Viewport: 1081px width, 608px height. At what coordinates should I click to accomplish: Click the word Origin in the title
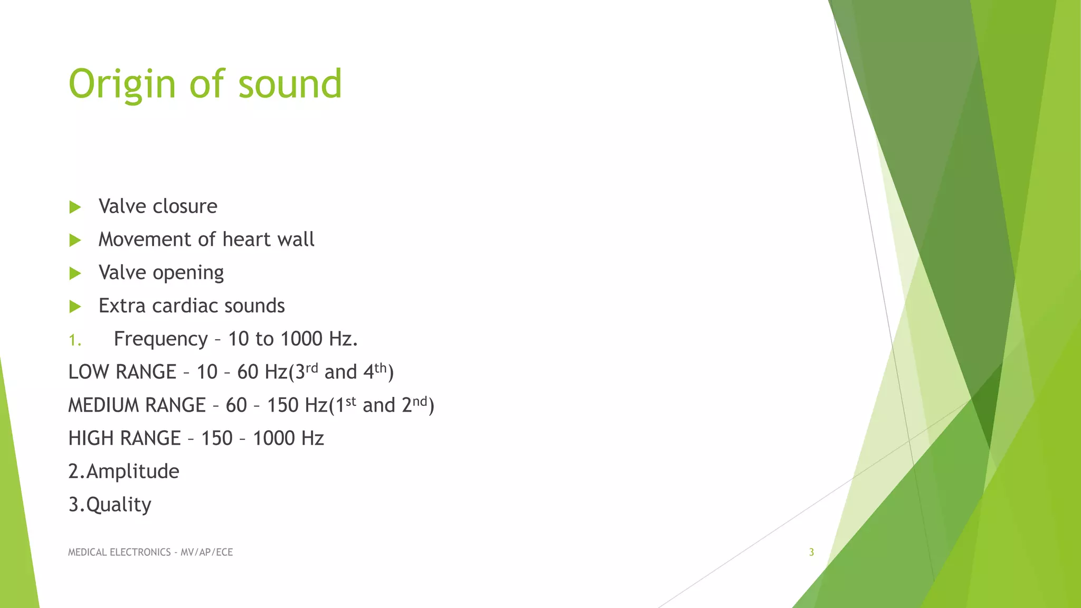(x=122, y=84)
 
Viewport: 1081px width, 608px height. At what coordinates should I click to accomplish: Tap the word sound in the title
(x=290, y=84)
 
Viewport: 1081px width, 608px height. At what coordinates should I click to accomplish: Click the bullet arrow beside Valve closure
(x=75, y=207)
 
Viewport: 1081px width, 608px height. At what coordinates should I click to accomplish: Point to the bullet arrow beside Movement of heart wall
(x=75, y=241)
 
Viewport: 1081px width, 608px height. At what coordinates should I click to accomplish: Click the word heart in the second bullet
(x=245, y=240)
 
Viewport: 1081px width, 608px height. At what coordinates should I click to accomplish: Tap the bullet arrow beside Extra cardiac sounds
(x=75, y=307)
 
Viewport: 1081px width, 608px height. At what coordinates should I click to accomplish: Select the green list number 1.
(x=74, y=340)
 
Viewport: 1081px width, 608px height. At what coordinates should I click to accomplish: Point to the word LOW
(x=88, y=372)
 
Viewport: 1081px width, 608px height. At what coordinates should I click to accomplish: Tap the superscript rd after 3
(x=312, y=367)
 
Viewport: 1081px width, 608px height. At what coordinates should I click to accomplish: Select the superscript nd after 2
(x=420, y=401)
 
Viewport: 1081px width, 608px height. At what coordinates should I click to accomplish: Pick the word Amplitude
(x=132, y=471)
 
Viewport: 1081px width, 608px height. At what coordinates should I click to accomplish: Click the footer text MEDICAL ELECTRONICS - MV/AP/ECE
(x=150, y=552)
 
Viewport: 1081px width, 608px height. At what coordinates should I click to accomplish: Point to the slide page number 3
(x=811, y=552)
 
